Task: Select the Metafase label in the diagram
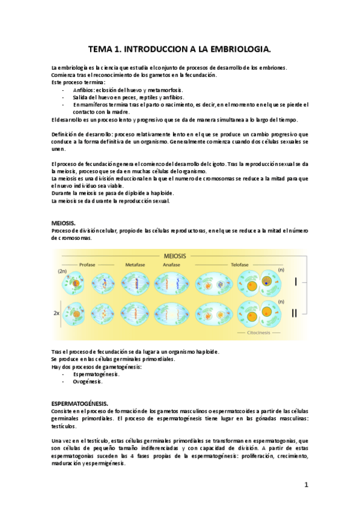pyautogui.click(x=135, y=265)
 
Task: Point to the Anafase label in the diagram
pyautogui.click(x=171, y=265)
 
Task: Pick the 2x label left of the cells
pyautogui.click(x=56, y=313)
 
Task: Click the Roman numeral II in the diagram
pyautogui.click(x=295, y=313)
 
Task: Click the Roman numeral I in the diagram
pyautogui.click(x=295, y=281)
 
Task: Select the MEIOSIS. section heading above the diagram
pyautogui.click(x=64, y=223)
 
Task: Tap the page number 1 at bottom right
pyautogui.click(x=306, y=485)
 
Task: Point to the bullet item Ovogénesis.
pyautogui.click(x=88, y=381)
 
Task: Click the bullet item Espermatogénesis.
pyautogui.click(x=96, y=374)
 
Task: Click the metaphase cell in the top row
pyautogui.click(x=135, y=281)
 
